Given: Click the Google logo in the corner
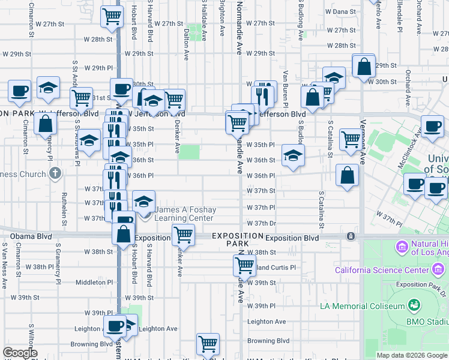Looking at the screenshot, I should click(x=19, y=353).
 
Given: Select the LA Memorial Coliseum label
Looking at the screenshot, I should click(x=363, y=306).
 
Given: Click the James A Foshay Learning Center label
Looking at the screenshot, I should click(x=184, y=214).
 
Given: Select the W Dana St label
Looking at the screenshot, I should click(x=332, y=12).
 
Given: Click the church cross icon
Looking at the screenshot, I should click(x=55, y=174).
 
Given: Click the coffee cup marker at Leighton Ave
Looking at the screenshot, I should click(x=114, y=326).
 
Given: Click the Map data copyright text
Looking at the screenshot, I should click(x=412, y=355).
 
